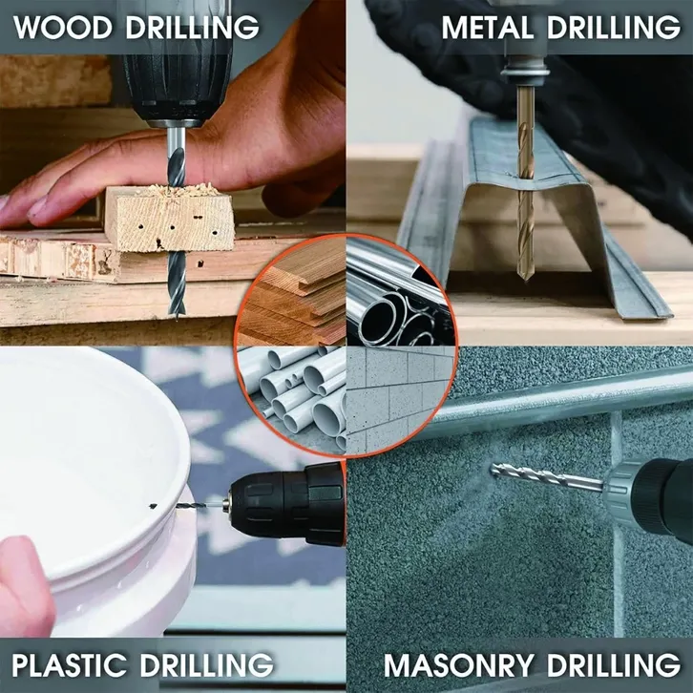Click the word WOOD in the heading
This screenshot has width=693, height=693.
tap(63, 28)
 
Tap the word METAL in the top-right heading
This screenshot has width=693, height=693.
tap(487, 28)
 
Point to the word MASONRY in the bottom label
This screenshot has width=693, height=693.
tap(459, 664)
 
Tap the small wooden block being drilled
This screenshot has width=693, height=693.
tap(169, 219)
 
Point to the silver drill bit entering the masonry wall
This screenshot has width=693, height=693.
tap(547, 476)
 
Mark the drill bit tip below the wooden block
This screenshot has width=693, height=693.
tap(177, 313)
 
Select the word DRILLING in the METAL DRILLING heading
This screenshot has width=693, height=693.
tap(614, 28)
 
